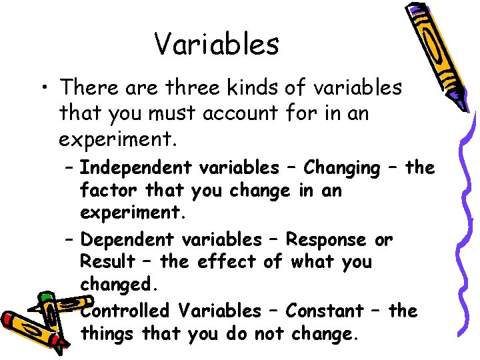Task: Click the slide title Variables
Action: (x=217, y=44)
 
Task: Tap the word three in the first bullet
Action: (x=198, y=87)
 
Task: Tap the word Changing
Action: (x=341, y=168)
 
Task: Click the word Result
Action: (x=107, y=262)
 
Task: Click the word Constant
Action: (x=325, y=311)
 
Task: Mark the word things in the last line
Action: (x=108, y=333)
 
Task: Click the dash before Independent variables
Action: (x=71, y=168)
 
